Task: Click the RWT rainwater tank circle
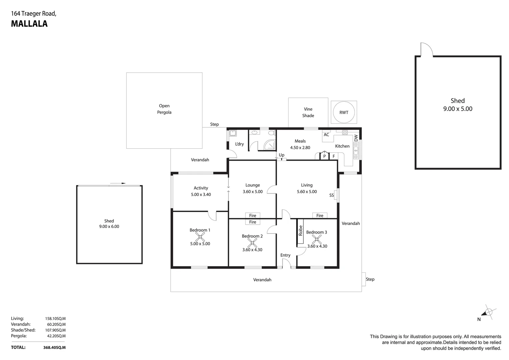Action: pos(344,112)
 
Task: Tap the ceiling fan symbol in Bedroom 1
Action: pos(200,237)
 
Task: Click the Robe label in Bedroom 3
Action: pos(300,231)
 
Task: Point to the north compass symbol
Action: pos(488,312)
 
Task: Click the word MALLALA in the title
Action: pos(29,24)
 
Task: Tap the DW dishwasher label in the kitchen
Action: pos(356,138)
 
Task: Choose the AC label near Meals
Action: pos(326,135)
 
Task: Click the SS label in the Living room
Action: pos(331,195)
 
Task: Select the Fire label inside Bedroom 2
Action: pos(253,222)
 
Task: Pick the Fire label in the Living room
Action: pos(320,216)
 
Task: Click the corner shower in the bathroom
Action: pos(270,145)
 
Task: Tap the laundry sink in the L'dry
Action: pos(233,133)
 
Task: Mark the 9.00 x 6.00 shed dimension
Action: pos(109,227)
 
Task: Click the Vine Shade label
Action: pos(308,112)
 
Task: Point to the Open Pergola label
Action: pos(164,109)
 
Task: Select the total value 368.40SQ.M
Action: pos(54,347)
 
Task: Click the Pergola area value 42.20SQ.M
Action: pos(55,336)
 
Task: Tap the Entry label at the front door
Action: pos(285,255)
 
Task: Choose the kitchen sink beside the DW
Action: pos(356,151)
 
